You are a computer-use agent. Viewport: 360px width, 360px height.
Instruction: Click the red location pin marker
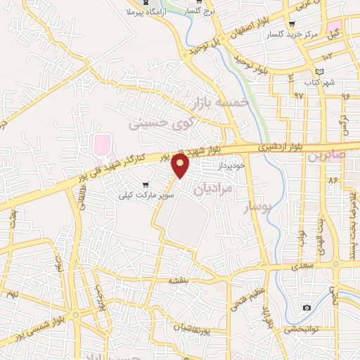point(181,166)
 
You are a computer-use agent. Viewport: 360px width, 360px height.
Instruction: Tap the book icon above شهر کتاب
point(321,72)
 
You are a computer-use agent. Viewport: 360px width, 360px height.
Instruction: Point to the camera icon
point(307,308)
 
